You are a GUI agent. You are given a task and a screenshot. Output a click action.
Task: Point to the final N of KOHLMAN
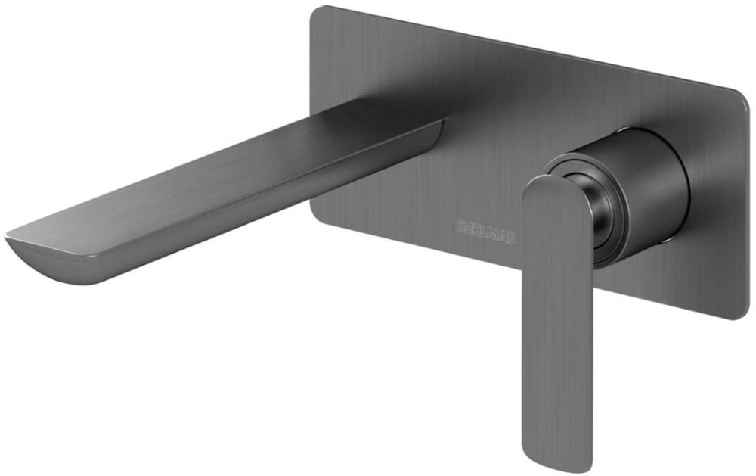(512, 240)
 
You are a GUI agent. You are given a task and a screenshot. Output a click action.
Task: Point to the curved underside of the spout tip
(53, 265)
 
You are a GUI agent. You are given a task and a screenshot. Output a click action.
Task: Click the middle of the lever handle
(556, 318)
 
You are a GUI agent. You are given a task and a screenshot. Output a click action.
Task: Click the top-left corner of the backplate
(318, 11)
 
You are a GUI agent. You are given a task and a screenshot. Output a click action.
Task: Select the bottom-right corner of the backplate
(737, 314)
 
